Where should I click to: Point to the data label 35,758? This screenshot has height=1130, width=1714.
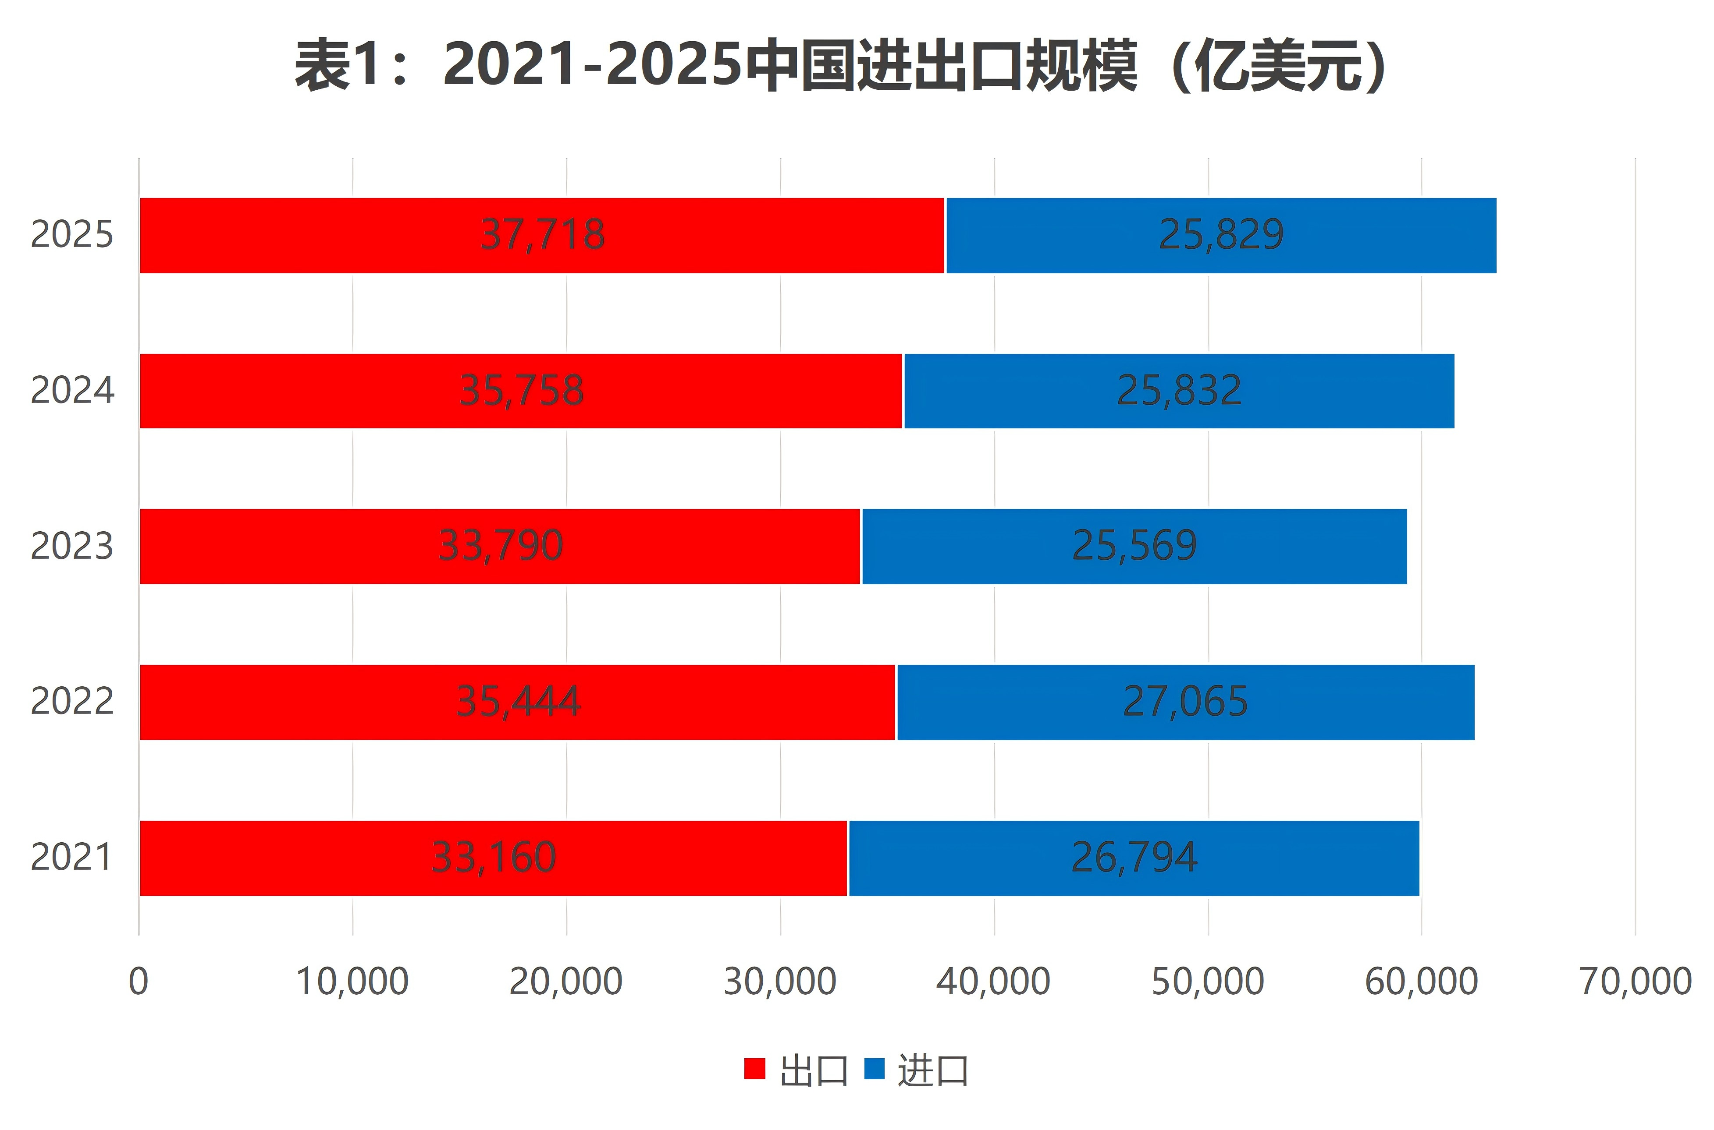(521, 391)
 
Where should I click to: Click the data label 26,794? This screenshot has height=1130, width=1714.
(1134, 858)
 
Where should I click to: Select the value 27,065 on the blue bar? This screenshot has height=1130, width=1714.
(1185, 702)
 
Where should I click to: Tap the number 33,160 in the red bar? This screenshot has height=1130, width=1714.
(494, 858)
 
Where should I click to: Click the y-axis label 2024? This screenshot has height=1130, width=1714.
(72, 391)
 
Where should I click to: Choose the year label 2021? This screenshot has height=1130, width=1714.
(72, 858)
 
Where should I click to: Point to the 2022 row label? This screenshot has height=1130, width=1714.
(72, 702)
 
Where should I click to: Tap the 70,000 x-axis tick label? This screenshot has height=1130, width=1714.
(1635, 982)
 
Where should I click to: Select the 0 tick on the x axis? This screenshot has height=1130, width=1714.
(139, 982)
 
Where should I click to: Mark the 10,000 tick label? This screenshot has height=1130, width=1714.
(352, 982)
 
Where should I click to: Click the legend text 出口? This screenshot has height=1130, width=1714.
(813, 1071)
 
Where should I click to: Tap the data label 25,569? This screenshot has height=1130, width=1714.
(1134, 546)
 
